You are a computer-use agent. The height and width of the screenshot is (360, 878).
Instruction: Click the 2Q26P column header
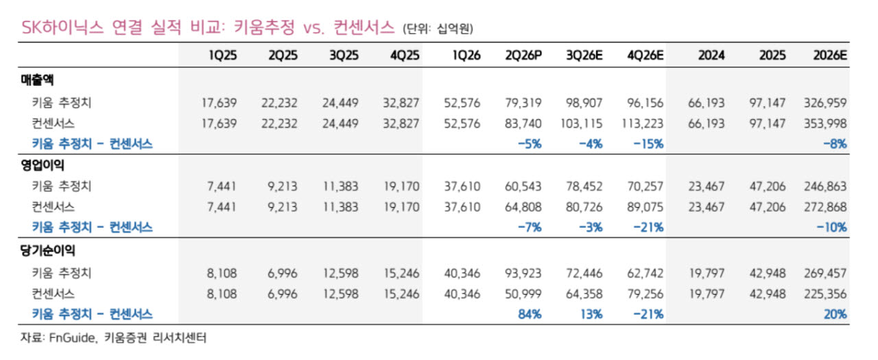(523, 56)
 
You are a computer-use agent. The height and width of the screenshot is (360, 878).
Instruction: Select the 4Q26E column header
(645, 56)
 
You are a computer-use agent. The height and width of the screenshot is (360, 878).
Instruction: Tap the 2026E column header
(830, 56)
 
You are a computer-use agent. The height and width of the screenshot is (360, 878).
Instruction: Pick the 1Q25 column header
(222, 56)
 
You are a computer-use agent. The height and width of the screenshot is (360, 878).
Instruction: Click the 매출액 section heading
(37, 80)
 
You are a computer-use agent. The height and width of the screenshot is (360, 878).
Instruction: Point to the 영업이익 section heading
(43, 165)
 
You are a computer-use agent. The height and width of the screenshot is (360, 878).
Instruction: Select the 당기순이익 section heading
(47, 250)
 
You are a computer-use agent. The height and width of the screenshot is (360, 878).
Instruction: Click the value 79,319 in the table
(523, 103)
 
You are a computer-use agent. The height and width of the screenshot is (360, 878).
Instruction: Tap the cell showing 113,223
(643, 123)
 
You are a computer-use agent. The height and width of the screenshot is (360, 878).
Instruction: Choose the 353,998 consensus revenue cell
(825, 123)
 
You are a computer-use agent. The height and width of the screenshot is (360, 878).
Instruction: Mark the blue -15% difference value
(649, 144)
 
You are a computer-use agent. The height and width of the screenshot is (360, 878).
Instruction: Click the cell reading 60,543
(523, 186)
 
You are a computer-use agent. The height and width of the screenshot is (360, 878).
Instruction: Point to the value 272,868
(825, 207)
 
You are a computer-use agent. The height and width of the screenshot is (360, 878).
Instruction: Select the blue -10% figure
(832, 227)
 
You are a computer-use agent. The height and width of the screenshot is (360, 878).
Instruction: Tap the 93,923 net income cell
(523, 273)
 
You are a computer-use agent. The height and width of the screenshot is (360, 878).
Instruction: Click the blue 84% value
(530, 314)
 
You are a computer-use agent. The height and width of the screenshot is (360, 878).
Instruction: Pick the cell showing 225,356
(825, 293)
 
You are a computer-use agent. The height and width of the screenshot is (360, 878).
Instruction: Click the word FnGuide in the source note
(73, 337)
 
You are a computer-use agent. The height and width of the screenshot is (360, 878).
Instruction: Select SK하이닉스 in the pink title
(62, 27)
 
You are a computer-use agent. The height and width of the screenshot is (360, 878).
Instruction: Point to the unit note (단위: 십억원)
(438, 29)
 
